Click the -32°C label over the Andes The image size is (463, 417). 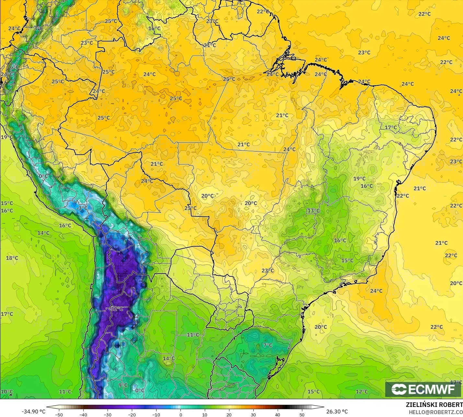pos(116,309)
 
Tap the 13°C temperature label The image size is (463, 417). pos(313,211)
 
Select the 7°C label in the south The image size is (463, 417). pos(268,345)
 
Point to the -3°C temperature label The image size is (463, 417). pos(82,208)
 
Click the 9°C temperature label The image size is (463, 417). pos(123,385)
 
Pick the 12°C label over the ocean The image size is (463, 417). pos(362,391)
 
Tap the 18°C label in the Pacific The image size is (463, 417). pos(12,258)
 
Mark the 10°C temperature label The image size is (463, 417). pos(7,391)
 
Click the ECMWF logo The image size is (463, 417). pos(423,389)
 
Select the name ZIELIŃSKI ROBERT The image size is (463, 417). pos(434,405)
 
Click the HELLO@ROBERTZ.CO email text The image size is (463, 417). pos(435,412)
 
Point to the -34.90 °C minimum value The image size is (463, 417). pos(34,411)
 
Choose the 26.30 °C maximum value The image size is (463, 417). pos(337,411)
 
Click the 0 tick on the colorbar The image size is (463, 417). pos(180,414)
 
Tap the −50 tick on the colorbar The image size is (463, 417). pos(59,414)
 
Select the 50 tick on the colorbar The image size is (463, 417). pos(302,414)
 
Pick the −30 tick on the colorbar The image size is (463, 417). pos(108,414)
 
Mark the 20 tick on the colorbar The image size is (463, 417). pos(229,414)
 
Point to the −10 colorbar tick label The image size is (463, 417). pos(156,414)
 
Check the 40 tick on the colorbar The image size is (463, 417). pos(278,414)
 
